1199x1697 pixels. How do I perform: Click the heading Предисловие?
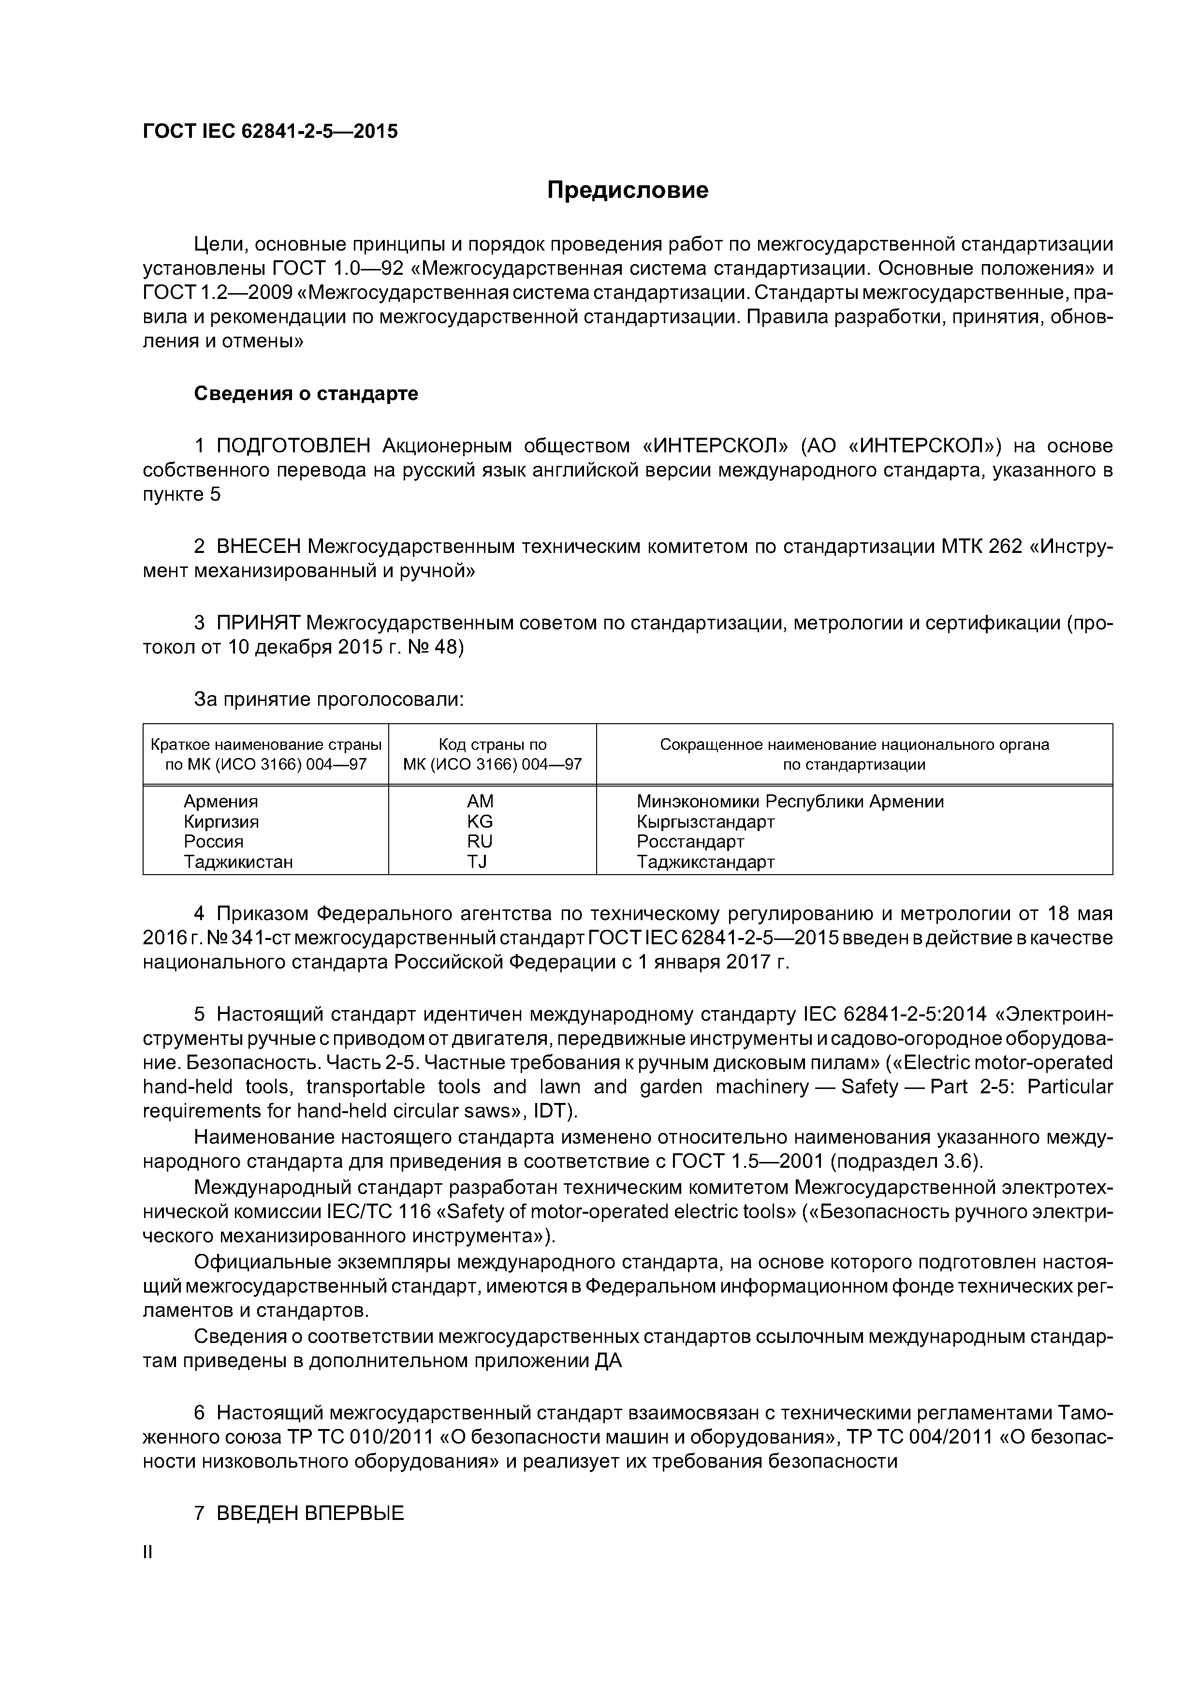click(627, 191)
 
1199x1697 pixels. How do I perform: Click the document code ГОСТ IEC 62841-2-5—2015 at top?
click(270, 132)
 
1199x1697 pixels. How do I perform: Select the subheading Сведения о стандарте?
click(306, 394)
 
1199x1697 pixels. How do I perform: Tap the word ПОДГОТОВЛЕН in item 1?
click(293, 447)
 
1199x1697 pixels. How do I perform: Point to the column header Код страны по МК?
click(492, 755)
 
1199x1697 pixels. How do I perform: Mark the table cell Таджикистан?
click(238, 862)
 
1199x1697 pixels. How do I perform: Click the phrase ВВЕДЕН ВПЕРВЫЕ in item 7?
click(310, 1513)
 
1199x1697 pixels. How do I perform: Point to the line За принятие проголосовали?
click(329, 699)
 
